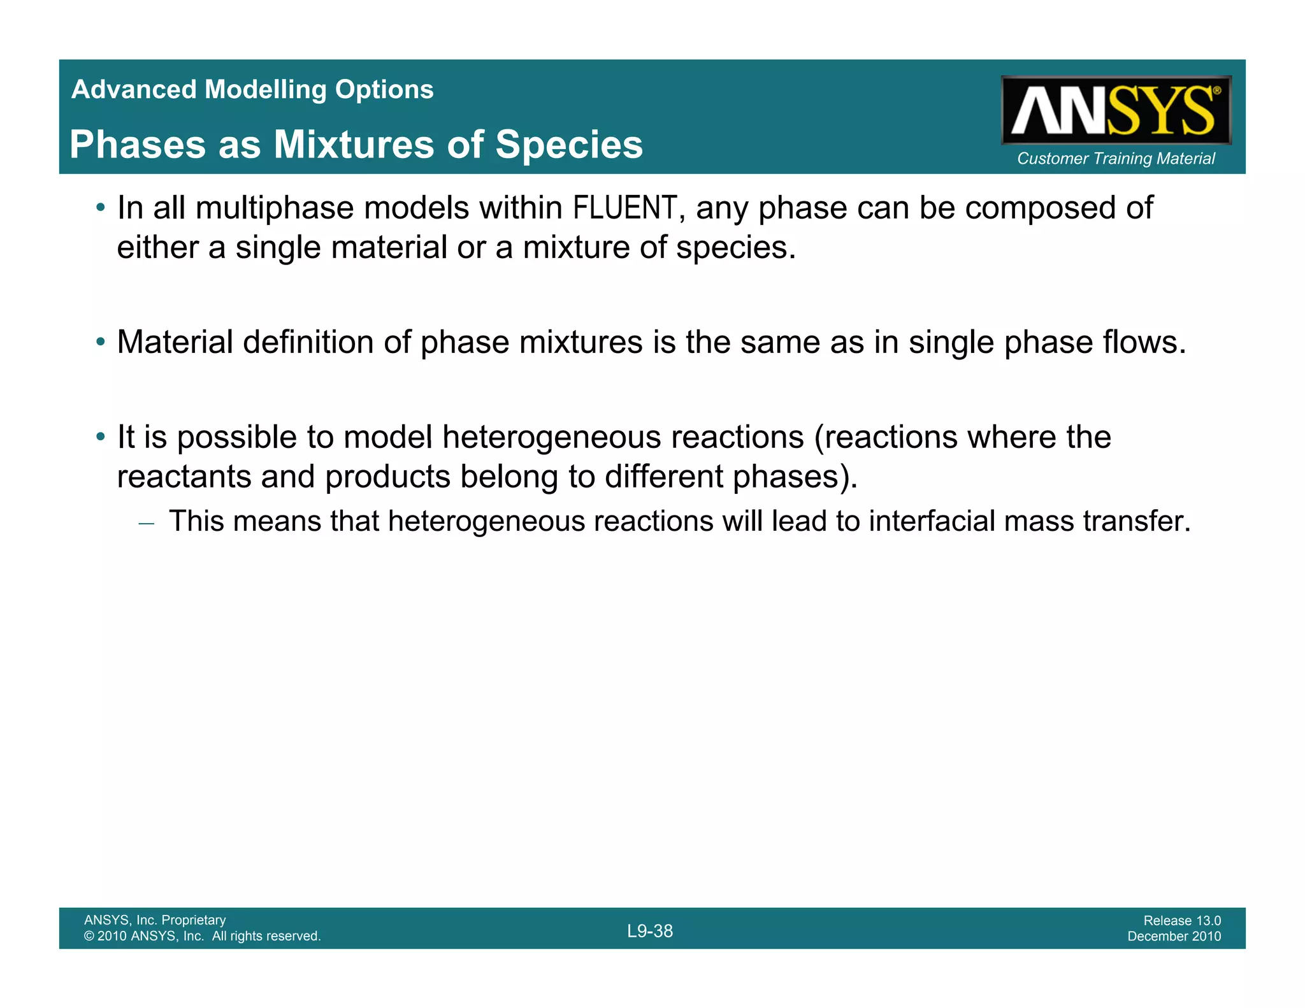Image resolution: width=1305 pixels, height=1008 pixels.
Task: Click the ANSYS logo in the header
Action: click(x=1116, y=110)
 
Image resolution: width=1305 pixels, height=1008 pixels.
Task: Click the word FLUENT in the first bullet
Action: click(x=624, y=208)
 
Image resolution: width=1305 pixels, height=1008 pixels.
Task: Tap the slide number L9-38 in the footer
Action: click(x=650, y=931)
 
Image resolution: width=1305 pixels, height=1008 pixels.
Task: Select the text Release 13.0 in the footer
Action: click(x=1182, y=920)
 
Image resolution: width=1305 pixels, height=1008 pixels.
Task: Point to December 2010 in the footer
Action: click(x=1174, y=936)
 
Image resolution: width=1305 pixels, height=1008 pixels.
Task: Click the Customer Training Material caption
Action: click(x=1116, y=158)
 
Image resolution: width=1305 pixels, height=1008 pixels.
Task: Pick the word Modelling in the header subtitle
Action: click(x=266, y=89)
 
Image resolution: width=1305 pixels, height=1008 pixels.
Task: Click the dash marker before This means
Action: click(x=146, y=522)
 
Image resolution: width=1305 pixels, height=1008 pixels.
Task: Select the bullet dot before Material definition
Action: click(x=100, y=342)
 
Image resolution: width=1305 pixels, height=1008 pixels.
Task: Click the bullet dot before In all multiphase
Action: click(x=100, y=208)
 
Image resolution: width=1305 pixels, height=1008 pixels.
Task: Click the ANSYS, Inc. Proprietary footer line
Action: click(x=155, y=920)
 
